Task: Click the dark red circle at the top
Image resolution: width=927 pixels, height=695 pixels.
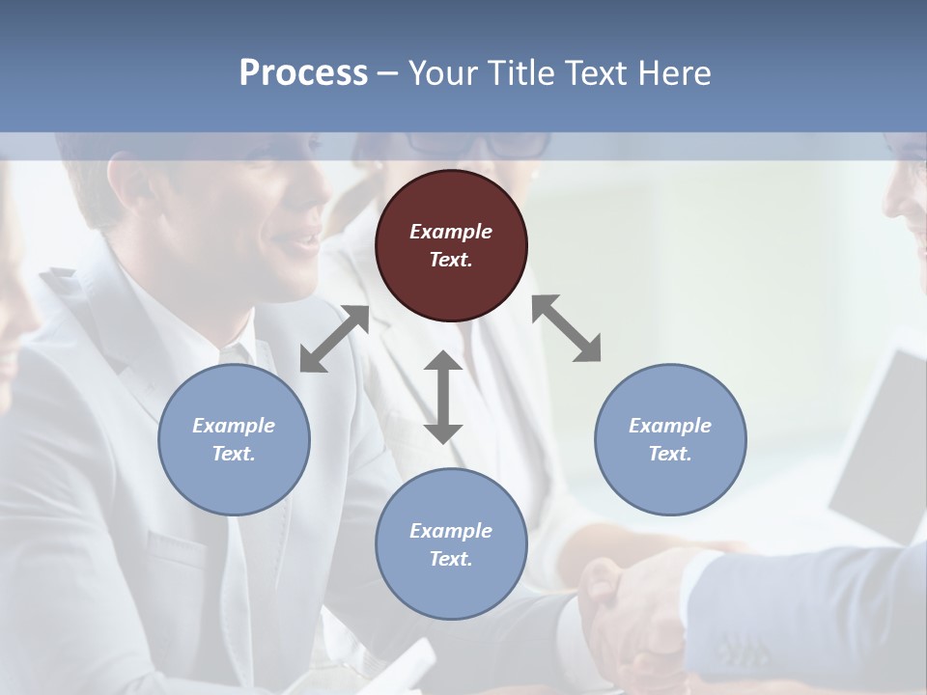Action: [451, 245]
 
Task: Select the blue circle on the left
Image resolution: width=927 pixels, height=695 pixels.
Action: [234, 439]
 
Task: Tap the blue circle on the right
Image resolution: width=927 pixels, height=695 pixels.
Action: [670, 439]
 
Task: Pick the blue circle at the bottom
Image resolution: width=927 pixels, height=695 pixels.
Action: [451, 544]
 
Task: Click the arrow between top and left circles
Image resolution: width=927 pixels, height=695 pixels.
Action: [334, 339]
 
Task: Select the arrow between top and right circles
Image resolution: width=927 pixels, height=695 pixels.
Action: [567, 328]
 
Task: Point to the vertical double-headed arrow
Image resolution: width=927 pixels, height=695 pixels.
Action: [443, 397]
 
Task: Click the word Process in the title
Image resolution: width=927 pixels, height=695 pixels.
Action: [303, 73]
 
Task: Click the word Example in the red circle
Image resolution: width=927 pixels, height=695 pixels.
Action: [451, 232]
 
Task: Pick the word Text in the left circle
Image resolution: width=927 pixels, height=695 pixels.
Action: [234, 454]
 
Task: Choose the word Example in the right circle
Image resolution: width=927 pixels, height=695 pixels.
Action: [670, 426]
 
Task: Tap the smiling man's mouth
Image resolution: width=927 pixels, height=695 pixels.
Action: [307, 242]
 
